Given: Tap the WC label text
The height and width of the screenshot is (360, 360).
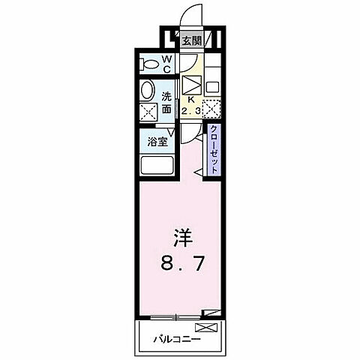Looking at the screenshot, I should tap(167, 64).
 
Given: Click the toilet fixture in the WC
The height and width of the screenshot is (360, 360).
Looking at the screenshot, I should tap(148, 64).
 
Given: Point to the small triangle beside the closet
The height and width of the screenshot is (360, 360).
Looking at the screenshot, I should tap(199, 174).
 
